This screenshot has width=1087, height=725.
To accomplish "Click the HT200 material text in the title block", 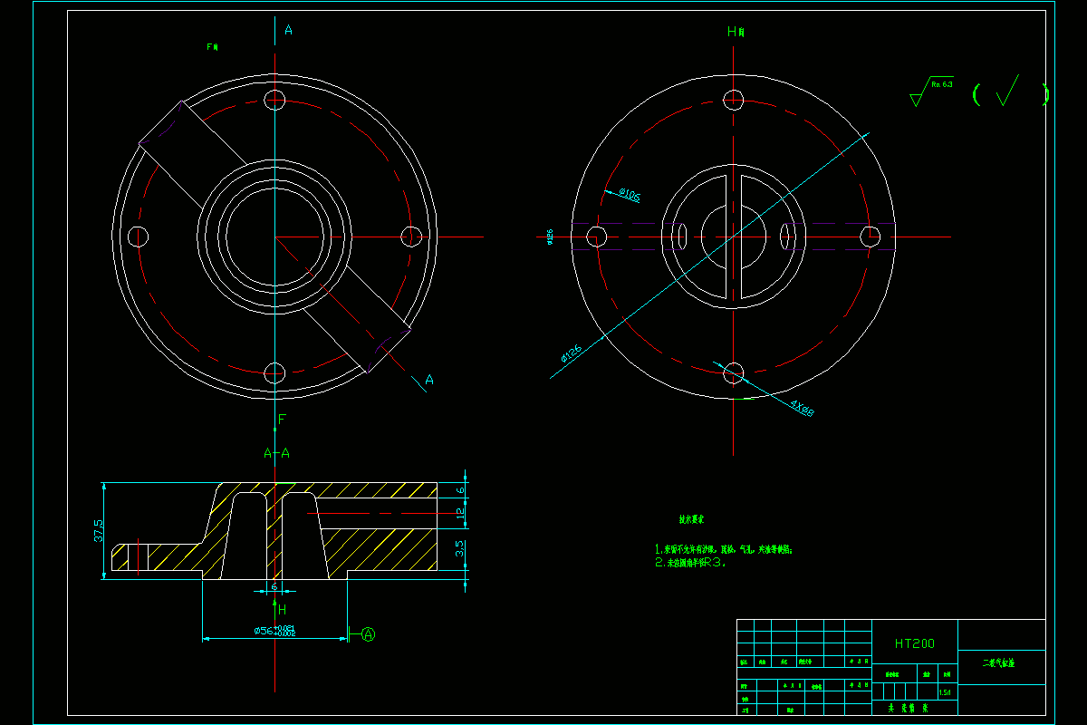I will point(914,643).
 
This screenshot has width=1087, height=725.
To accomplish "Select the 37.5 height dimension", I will point(99,530).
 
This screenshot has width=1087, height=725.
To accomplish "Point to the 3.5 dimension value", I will point(460,547).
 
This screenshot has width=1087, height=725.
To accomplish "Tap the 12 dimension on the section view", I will point(460,513).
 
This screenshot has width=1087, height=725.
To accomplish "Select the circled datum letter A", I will point(369,634).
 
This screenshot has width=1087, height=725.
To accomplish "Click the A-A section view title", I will point(276,453).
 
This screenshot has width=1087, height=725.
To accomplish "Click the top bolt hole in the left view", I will point(275,99).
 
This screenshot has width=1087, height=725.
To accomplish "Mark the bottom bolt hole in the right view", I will point(734,372).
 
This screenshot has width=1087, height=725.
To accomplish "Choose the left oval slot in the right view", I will point(680,236).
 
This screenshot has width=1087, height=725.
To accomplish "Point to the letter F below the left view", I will point(282,420).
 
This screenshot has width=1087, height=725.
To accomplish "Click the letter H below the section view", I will point(282,609).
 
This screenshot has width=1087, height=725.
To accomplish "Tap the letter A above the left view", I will point(288,30).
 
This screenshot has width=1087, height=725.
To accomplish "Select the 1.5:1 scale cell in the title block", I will point(945,692).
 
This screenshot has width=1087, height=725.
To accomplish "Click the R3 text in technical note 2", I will point(715,562).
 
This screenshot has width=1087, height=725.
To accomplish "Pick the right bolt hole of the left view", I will point(411,237).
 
